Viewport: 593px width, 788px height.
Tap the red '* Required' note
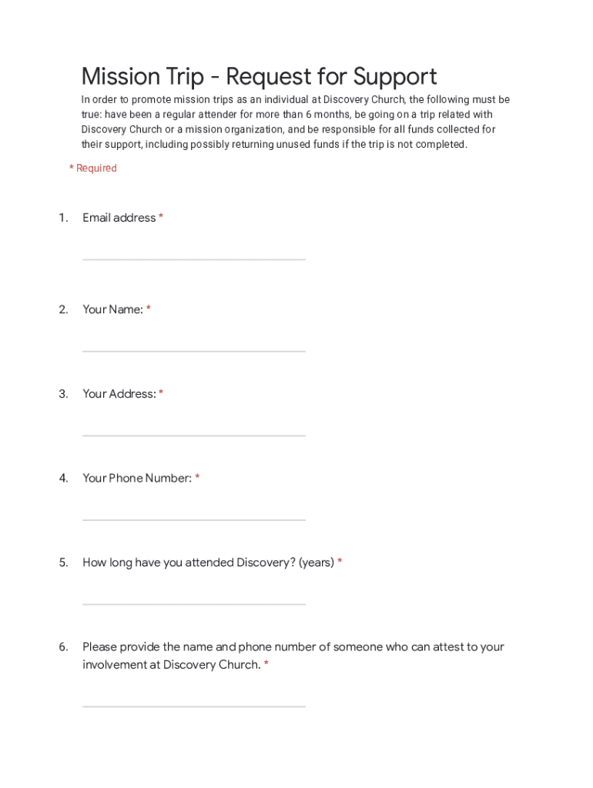(x=93, y=168)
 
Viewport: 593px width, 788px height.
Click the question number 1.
(x=63, y=218)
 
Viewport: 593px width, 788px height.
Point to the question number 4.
(x=63, y=478)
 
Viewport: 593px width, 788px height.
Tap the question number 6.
(x=63, y=646)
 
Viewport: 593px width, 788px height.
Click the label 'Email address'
(x=119, y=218)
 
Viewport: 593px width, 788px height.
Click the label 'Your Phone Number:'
(x=137, y=478)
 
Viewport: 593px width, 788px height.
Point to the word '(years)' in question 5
(x=317, y=563)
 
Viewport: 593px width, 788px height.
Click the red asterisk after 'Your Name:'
(x=149, y=309)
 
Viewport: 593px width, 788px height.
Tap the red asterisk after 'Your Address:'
(x=161, y=394)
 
